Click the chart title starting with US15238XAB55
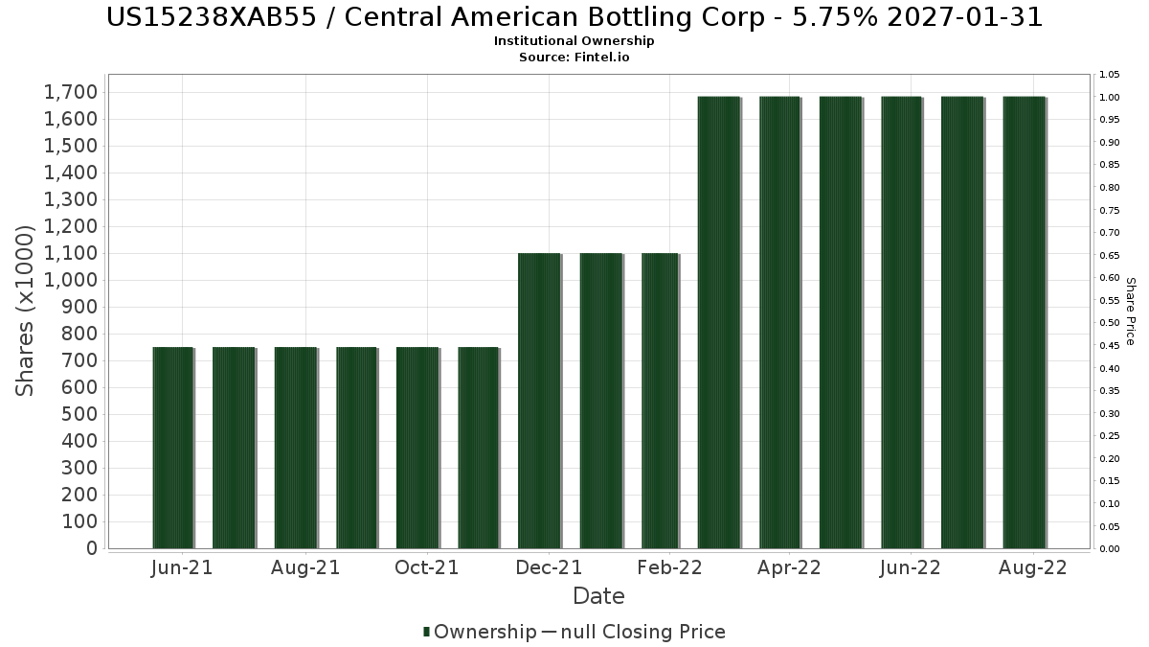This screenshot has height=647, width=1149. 574,17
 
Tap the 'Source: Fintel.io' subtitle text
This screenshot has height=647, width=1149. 574,58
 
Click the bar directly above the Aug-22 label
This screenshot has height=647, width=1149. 1025,322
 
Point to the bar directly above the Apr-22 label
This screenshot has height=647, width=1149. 780,322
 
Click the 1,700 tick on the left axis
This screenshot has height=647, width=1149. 71,92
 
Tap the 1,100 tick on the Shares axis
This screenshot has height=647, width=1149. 71,253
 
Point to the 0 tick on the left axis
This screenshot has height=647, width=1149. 91,548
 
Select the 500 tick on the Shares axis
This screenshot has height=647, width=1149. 78,414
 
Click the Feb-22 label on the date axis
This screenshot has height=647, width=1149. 670,568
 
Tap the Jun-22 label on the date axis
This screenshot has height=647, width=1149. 912,568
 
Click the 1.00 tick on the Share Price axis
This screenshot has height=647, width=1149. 1110,97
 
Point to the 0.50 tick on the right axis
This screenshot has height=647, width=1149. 1110,323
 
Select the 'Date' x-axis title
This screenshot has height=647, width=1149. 598,596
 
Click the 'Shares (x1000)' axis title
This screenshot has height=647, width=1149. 26,310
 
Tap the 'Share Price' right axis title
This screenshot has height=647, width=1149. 1131,312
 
